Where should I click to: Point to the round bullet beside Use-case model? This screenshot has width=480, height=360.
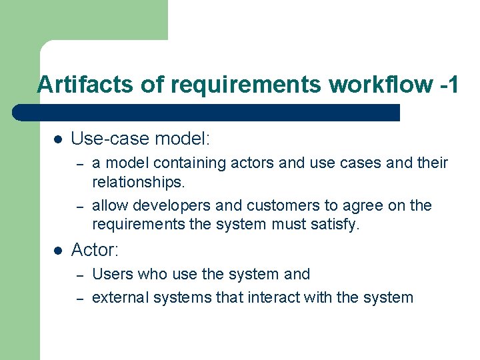pyautogui.click(x=57, y=139)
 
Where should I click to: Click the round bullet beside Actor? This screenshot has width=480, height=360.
pyautogui.click(x=57, y=251)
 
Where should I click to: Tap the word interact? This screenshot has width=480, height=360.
pyautogui.click(x=275, y=297)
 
